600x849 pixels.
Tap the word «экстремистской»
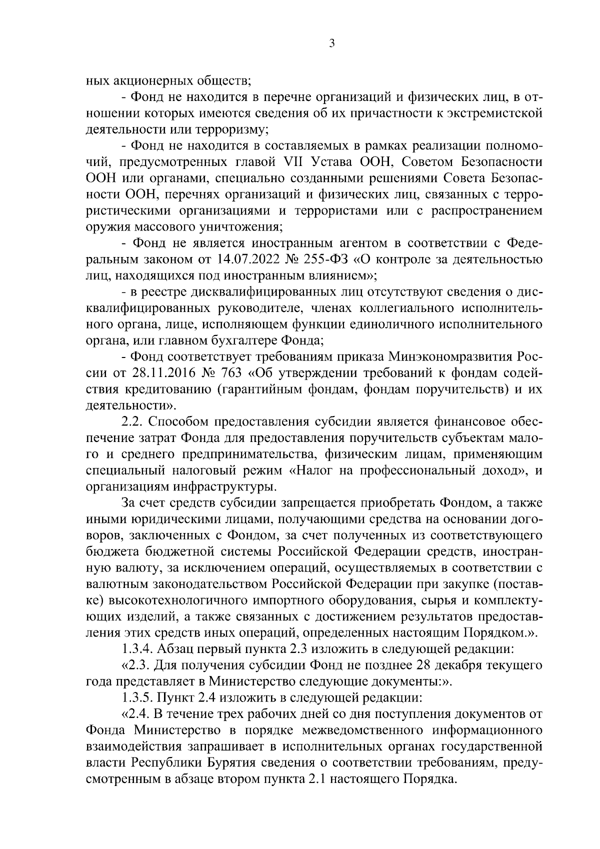click(489, 113)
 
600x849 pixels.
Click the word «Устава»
click(335, 162)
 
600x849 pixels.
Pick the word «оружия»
click(106, 227)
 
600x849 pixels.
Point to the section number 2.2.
click(130, 422)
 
